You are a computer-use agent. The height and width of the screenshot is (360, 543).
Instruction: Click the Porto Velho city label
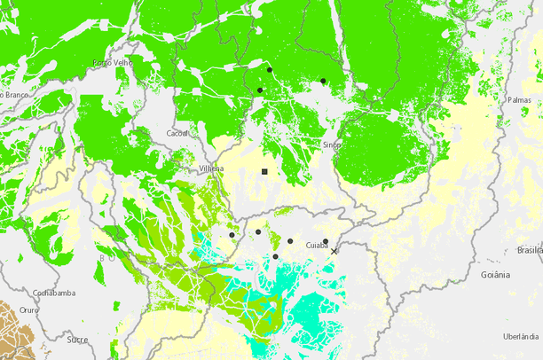point(113,63)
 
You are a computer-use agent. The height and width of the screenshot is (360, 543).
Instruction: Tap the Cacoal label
point(177,134)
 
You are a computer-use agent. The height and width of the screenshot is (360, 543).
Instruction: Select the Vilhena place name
point(211,168)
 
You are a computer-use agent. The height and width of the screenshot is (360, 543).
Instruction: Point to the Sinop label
point(332,144)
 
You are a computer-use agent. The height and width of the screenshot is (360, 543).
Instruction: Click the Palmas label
point(519,100)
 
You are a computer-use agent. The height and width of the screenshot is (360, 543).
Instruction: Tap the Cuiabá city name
point(316,245)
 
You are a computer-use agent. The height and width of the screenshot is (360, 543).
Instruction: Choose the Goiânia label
point(495,275)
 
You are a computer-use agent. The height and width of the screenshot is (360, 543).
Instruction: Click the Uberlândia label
point(521,336)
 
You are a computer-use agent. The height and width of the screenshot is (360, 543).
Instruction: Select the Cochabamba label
point(53,293)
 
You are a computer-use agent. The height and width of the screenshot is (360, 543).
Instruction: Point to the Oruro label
point(30,310)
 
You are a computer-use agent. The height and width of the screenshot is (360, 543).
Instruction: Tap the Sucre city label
point(77,339)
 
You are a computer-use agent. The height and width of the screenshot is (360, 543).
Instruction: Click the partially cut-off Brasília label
point(530,250)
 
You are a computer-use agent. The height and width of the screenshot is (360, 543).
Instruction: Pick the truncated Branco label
point(15,94)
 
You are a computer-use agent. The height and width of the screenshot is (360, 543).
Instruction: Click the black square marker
point(264,170)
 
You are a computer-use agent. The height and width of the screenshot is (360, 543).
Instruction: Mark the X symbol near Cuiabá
point(334,252)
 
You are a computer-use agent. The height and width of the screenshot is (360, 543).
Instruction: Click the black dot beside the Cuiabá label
point(326,240)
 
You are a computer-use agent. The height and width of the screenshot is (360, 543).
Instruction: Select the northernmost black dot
point(269,69)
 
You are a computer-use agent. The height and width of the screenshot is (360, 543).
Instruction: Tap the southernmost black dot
point(276,257)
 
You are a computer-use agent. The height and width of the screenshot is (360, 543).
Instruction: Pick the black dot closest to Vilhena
point(232,235)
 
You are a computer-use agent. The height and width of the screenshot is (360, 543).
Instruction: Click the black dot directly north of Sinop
point(323,81)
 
